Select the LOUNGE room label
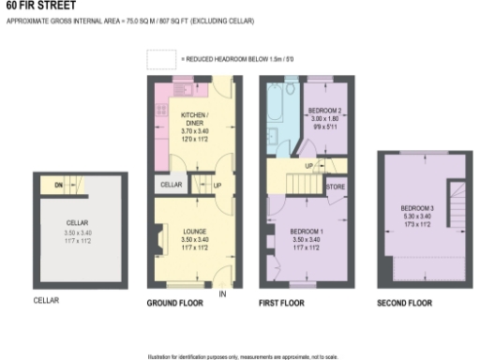(195, 230)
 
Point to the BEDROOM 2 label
(327, 111)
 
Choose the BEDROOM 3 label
(417, 207)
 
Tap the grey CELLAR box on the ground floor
(171, 185)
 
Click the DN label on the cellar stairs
(57, 186)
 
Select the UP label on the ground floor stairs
(217, 185)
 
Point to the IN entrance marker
(222, 293)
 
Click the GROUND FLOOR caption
(175, 303)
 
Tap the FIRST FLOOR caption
(281, 303)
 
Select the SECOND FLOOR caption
(404, 303)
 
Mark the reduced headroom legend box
(161, 58)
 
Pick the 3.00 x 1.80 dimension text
(327, 119)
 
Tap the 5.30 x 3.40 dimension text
(417, 216)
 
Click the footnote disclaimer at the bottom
(240, 356)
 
